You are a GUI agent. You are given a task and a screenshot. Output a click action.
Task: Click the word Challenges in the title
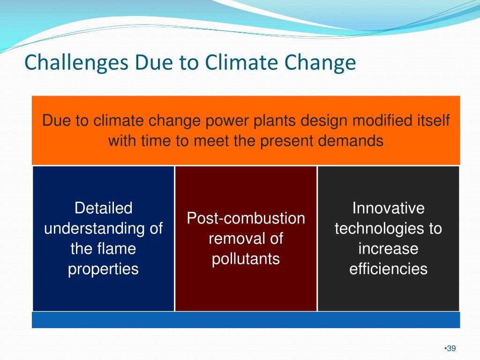point(76,63)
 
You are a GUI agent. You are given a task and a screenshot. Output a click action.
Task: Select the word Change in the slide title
point(320,63)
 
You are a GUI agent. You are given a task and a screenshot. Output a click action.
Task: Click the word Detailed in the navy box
point(104,208)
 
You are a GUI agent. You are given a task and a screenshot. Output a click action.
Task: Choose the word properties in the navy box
point(104,270)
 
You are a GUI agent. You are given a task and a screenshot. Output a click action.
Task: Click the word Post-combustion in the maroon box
point(246,218)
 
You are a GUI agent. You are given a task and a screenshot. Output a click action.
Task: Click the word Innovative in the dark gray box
point(389,208)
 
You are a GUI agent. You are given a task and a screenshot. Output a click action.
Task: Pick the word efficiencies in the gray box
point(389,269)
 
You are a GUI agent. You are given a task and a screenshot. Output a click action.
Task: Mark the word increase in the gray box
point(389,249)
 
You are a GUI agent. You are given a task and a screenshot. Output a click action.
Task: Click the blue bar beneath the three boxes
point(246,320)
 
